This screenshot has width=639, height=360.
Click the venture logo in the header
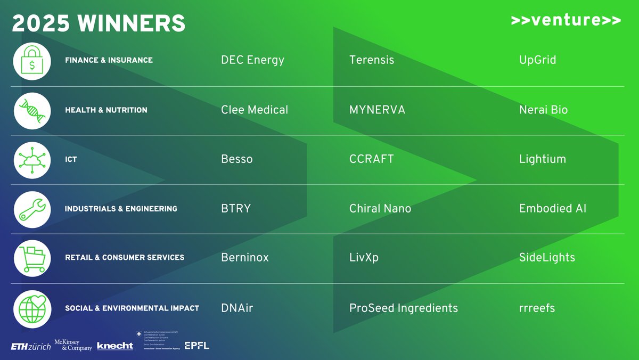coord(566,20)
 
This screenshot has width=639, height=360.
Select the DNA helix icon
coord(32,110)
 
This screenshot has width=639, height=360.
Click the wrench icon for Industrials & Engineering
coord(32,209)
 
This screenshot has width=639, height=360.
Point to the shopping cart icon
coord(32,258)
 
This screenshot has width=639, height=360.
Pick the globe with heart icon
coord(32,308)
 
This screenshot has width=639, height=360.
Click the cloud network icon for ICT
coord(32,159)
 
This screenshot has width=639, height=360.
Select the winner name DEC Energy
coord(252,60)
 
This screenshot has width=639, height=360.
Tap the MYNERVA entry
coord(377,110)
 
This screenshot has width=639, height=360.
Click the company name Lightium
coord(543,159)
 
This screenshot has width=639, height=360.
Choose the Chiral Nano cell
coord(380,209)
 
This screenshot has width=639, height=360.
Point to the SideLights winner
coord(547,258)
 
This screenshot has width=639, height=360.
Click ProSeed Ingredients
coord(403,308)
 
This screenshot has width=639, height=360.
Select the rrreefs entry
coord(537,308)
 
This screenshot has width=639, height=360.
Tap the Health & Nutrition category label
coord(106,110)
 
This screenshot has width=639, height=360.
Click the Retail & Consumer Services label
coord(125,258)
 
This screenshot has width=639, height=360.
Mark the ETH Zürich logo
coord(31,347)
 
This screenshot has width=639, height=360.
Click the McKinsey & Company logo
coord(73,345)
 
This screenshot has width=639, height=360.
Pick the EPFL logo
coord(196,346)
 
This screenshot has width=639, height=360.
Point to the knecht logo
coord(115,346)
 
